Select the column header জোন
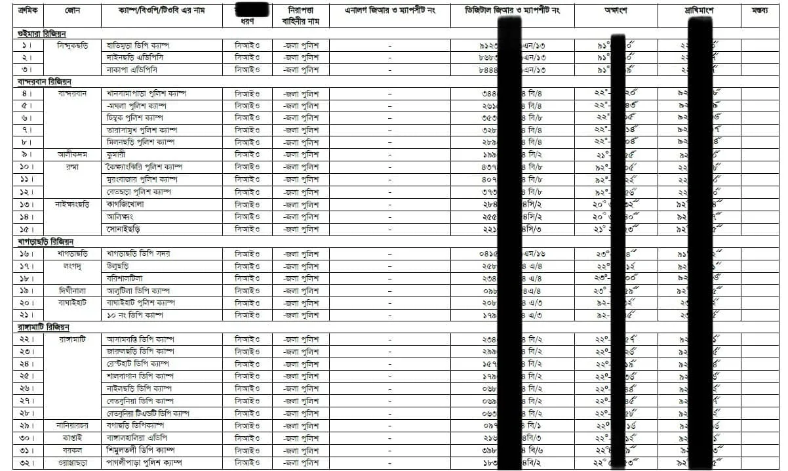(x=73, y=11)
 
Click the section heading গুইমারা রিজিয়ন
(x=43, y=33)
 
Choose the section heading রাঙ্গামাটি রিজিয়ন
(x=45, y=327)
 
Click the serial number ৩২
(x=28, y=463)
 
